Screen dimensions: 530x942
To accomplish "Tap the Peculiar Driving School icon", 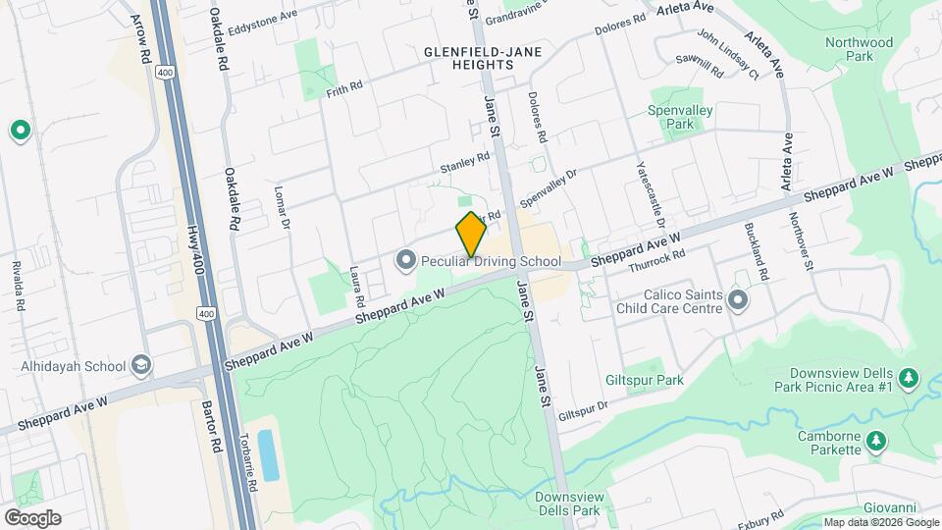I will (405, 260).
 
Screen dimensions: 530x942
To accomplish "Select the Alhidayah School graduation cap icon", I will (141, 366).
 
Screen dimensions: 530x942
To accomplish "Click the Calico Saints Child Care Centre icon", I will (738, 301).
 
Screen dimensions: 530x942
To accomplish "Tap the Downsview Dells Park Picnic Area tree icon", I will (909, 378).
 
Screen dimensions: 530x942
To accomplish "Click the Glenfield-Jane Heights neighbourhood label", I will (469, 57).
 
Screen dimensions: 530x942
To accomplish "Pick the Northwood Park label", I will (859, 49).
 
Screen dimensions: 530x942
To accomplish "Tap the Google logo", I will (32, 518).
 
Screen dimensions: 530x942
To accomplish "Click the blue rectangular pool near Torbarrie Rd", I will (268, 454).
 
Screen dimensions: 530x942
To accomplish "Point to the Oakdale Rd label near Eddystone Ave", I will (220, 39).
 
